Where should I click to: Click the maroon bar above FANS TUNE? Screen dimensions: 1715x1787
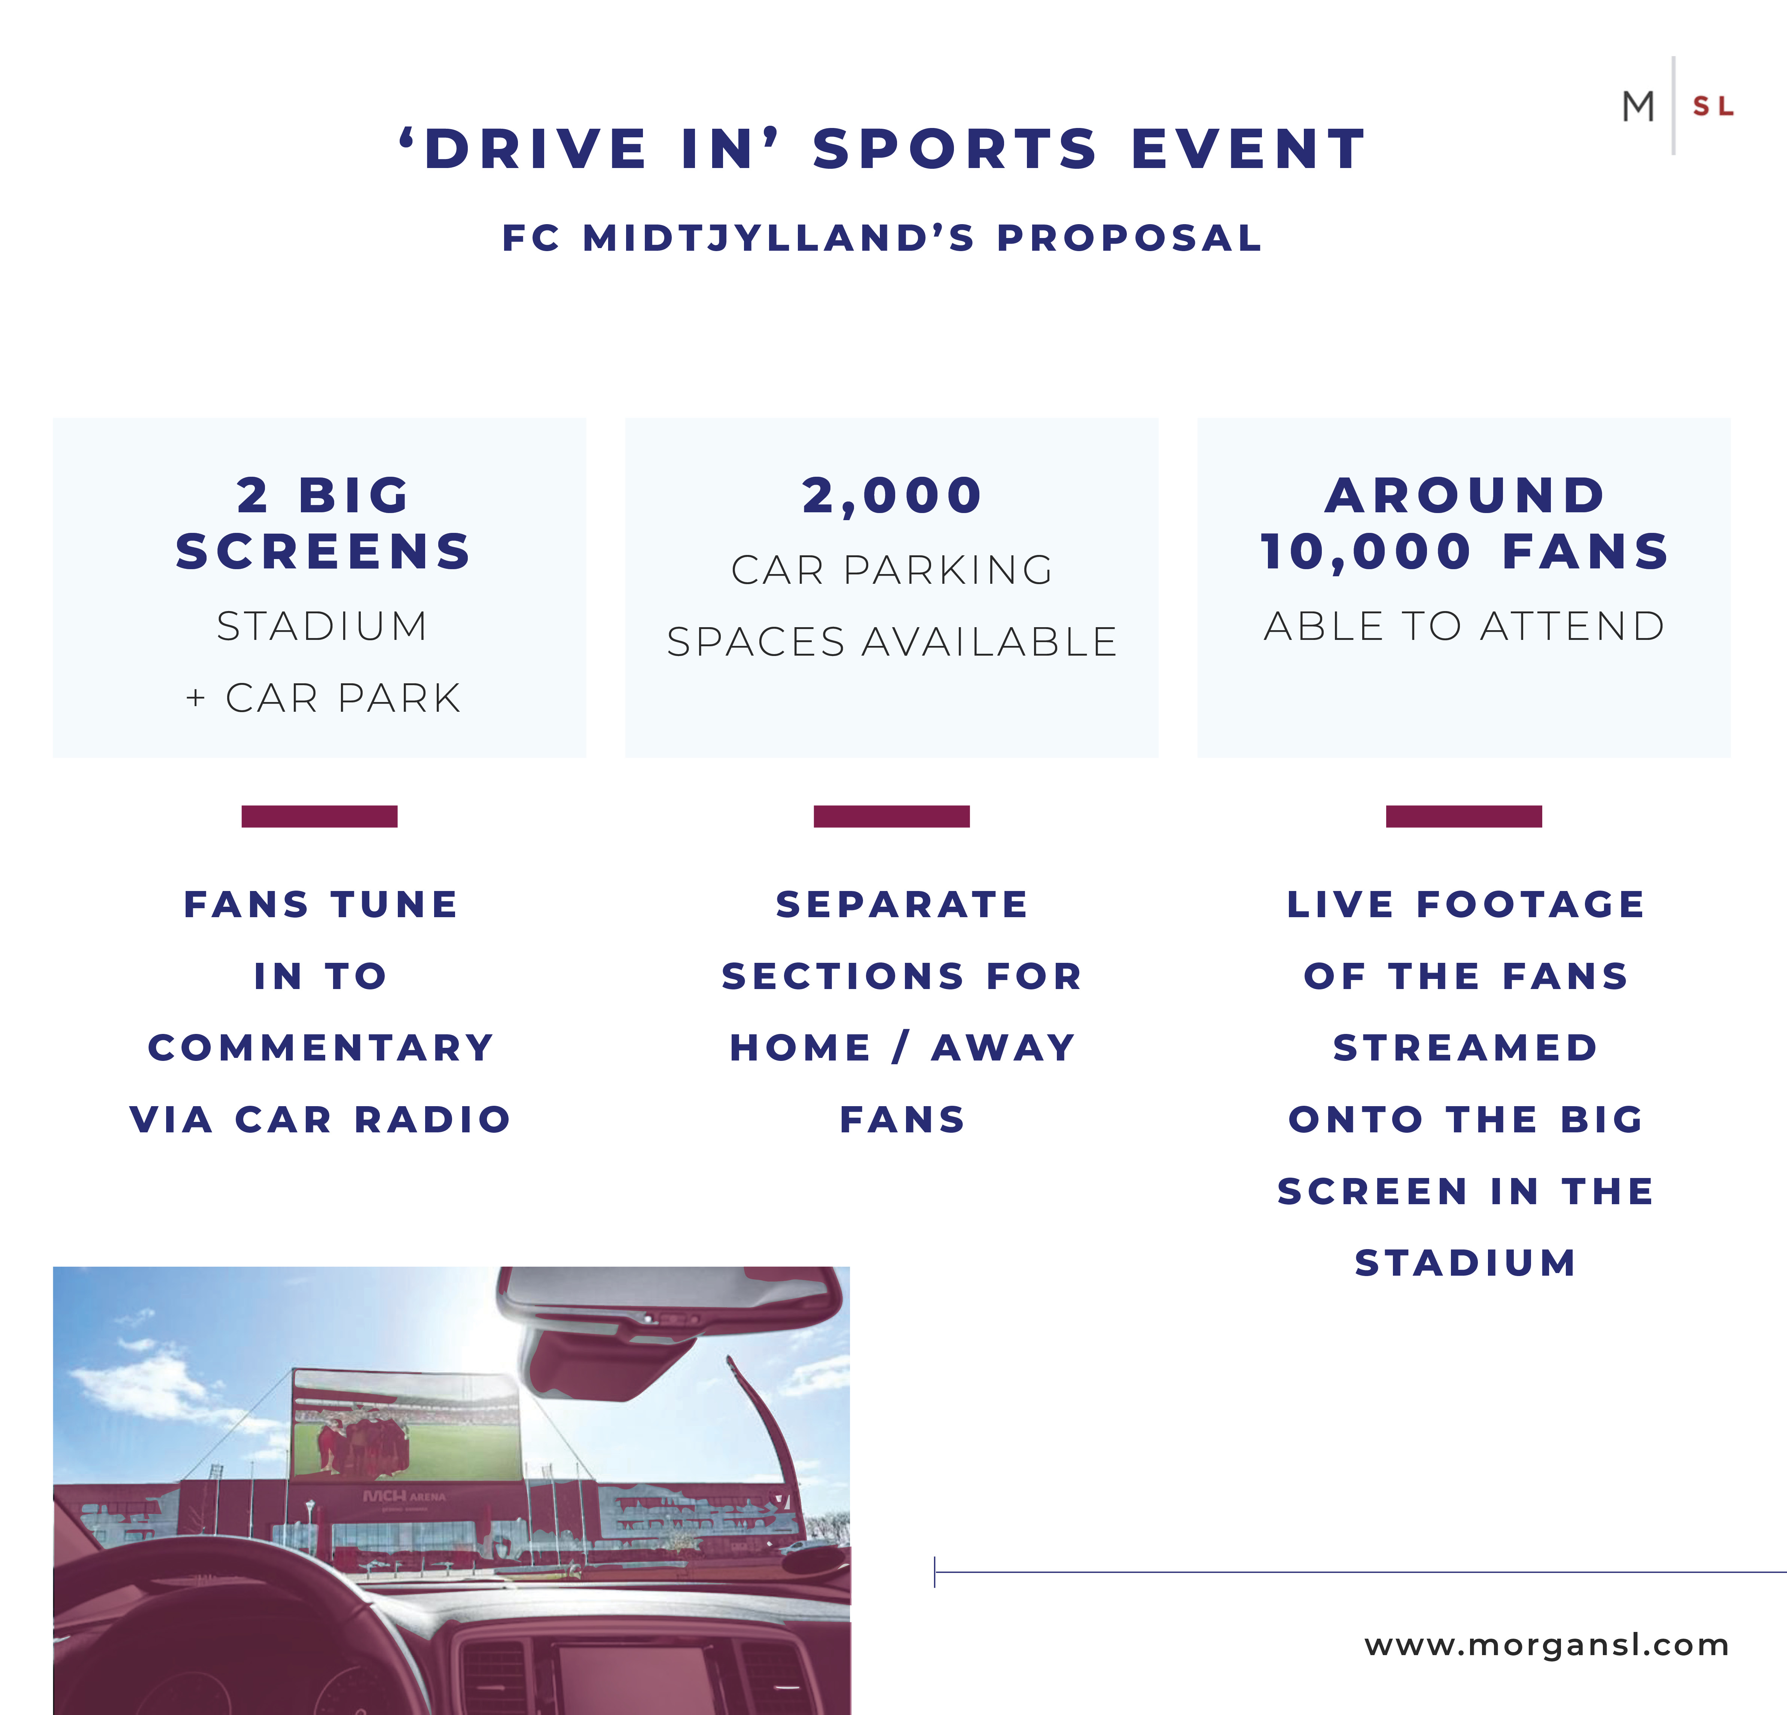click(319, 816)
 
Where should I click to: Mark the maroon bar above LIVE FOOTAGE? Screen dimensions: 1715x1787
click(1463, 816)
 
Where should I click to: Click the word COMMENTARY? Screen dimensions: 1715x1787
click(321, 1048)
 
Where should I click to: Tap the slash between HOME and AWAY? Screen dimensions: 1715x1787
click(901, 1048)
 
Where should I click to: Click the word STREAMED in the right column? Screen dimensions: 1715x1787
click(1465, 1048)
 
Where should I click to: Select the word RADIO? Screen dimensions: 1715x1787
click(433, 1120)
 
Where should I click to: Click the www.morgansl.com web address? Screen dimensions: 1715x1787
click(1546, 1645)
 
